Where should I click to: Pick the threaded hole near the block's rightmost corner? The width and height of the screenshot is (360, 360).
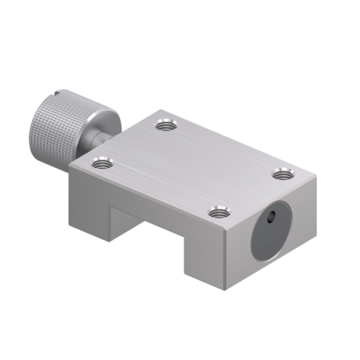[284, 173]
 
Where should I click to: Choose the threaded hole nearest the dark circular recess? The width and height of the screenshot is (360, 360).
[218, 212]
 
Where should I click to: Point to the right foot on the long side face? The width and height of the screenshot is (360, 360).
[205, 259]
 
